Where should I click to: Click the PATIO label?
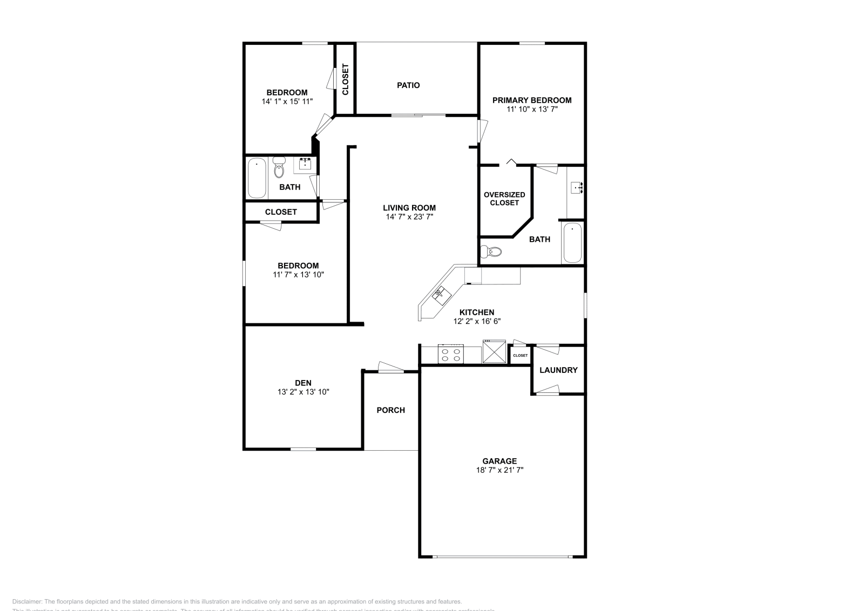coord(408,85)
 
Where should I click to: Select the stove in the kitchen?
coord(451,355)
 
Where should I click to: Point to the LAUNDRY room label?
coord(558,370)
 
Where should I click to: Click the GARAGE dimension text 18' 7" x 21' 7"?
coord(500,470)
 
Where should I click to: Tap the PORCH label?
coord(390,410)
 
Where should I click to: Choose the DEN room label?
coord(303,383)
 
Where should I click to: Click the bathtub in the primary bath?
coord(572,243)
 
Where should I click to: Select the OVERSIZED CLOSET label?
coord(504,199)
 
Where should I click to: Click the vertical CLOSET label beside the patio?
coord(346,79)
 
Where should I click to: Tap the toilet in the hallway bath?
coord(279,168)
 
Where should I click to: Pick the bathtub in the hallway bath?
coord(256,178)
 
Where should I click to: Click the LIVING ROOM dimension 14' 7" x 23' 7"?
coord(409,217)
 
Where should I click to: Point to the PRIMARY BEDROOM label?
coord(532,100)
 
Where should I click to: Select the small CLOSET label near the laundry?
coord(521,356)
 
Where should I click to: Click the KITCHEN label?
coord(477,313)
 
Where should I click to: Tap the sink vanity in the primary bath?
coord(577,188)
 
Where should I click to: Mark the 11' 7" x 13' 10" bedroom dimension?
coord(298,275)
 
